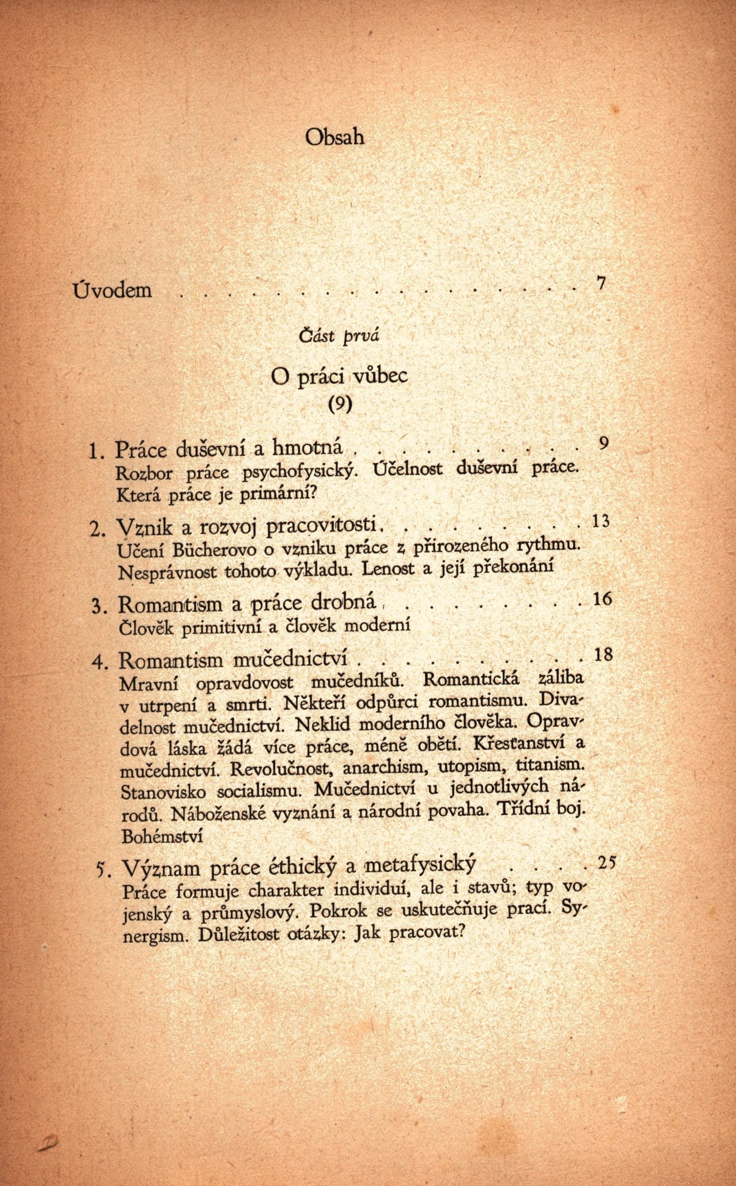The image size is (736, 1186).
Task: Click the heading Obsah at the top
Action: [335, 137]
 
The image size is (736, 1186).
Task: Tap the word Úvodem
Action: [112, 290]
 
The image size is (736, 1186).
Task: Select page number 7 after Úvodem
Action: [601, 284]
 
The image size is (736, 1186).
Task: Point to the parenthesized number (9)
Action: [339, 404]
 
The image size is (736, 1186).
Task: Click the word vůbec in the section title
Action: [379, 378]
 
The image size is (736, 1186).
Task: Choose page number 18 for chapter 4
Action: [603, 655]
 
